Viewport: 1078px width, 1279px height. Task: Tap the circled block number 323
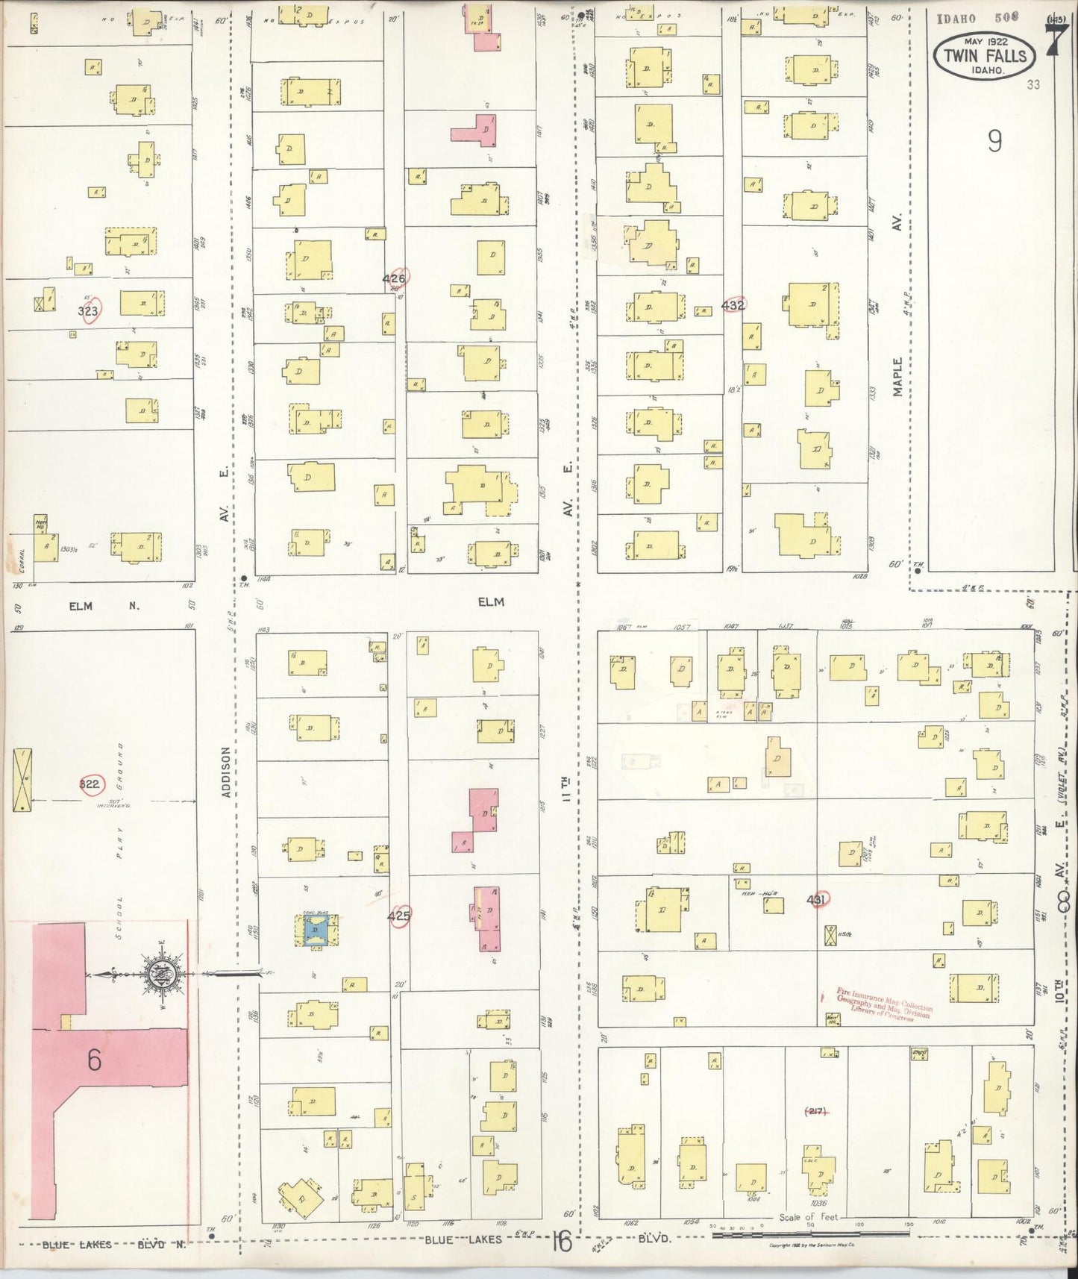click(88, 310)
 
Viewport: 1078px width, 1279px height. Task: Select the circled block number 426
click(395, 278)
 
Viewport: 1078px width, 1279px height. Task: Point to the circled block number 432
click(733, 304)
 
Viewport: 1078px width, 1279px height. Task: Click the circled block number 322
click(90, 784)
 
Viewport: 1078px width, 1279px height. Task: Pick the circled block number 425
click(399, 916)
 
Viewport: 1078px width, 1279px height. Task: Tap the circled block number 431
click(818, 900)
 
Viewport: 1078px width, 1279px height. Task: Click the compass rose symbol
click(158, 972)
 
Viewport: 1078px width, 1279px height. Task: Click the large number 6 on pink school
click(94, 1060)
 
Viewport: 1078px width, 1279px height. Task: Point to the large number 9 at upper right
click(994, 141)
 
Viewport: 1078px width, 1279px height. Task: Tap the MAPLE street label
click(898, 377)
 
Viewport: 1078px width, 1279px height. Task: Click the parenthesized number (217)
click(815, 1112)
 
